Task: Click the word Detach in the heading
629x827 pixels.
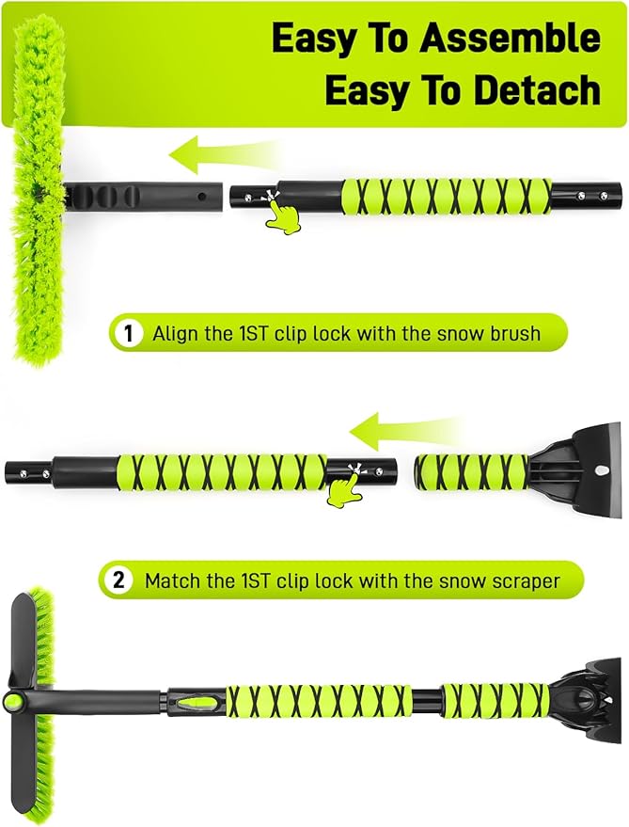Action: [x=538, y=90]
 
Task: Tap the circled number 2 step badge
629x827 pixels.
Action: [x=119, y=580]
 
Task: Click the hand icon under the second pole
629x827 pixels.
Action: [x=345, y=490]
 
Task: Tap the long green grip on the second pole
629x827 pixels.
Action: [x=221, y=469]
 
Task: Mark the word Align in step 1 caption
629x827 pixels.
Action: [x=175, y=333]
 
